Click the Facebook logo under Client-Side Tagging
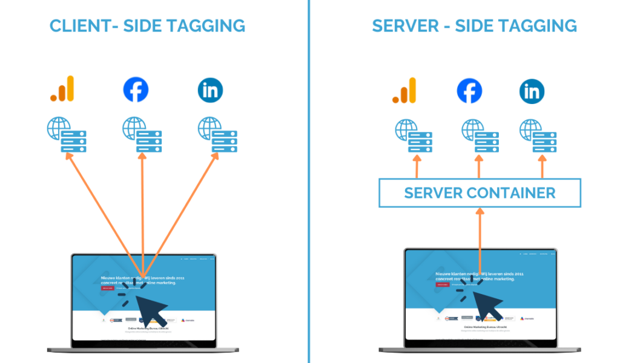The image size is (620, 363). coord(136,90)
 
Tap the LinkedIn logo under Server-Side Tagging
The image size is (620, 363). coord(532,92)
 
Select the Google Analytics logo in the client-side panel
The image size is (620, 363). coord(62,89)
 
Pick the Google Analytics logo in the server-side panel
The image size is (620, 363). coord(404,91)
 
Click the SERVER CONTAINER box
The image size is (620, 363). coord(480,193)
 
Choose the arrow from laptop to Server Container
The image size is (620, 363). coord(480,242)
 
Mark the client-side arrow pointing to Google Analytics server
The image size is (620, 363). coord(103,212)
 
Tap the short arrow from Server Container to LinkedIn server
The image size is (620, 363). coord(541,167)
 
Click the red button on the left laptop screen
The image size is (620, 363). coord(107,289)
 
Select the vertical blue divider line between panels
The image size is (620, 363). coord(309,181)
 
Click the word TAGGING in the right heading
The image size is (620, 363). coord(541,26)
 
